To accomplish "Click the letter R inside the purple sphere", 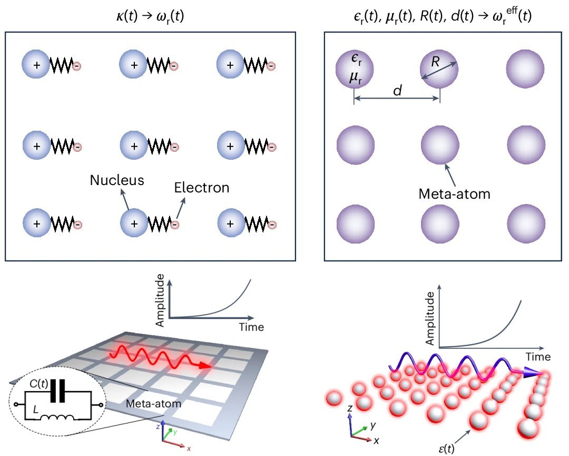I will pos(435,62).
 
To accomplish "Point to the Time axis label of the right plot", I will pos(537,357).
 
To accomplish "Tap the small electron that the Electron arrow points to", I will pos(174,225).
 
